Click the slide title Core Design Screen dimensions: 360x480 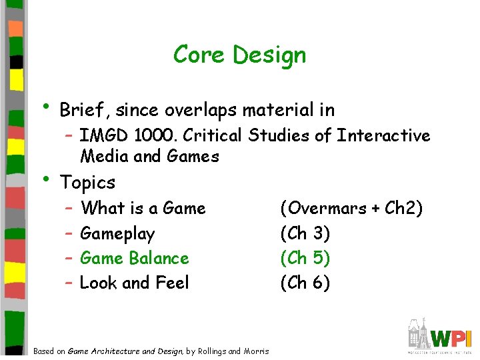click(x=239, y=55)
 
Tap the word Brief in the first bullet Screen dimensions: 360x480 click(x=83, y=109)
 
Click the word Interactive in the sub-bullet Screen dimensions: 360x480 click(x=383, y=136)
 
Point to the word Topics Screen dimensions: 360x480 click(x=87, y=182)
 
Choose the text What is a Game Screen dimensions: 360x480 click(x=143, y=209)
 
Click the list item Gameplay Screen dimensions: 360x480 click(x=117, y=234)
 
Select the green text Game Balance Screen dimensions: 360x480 click(x=134, y=258)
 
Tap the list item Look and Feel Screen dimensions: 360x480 click(x=134, y=283)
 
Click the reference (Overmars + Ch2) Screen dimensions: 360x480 click(x=351, y=209)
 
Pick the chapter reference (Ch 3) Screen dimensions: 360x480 click(x=305, y=234)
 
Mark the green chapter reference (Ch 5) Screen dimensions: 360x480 click(x=305, y=258)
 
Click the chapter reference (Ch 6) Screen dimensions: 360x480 click(x=305, y=283)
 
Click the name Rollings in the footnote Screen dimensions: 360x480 click(x=213, y=351)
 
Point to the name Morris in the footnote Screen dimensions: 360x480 click(x=257, y=351)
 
